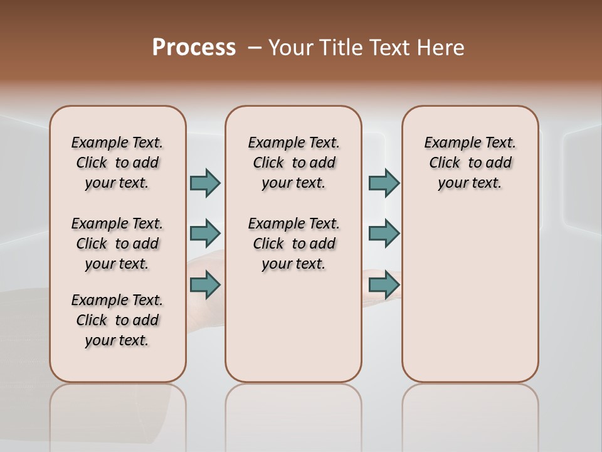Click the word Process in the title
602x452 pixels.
(x=194, y=48)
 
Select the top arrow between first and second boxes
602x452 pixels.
(x=205, y=183)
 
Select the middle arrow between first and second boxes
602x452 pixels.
(x=205, y=234)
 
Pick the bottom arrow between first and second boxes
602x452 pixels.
(x=205, y=284)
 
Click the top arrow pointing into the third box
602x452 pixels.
(x=384, y=183)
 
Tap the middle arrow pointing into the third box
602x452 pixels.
(x=384, y=234)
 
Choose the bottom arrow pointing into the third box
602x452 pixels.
(x=384, y=284)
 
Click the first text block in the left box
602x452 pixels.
(x=117, y=163)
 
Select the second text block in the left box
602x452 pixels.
(x=117, y=244)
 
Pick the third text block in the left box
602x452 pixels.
(x=117, y=321)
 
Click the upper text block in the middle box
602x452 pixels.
(x=293, y=163)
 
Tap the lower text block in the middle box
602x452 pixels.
(x=293, y=244)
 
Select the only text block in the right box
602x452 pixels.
(x=470, y=163)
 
